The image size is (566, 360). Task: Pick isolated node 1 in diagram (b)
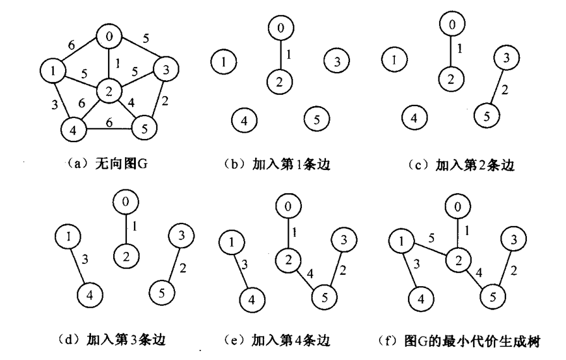[x=224, y=61]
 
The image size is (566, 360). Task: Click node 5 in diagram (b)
[x=316, y=117]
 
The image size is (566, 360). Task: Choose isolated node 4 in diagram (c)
[x=414, y=118]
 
